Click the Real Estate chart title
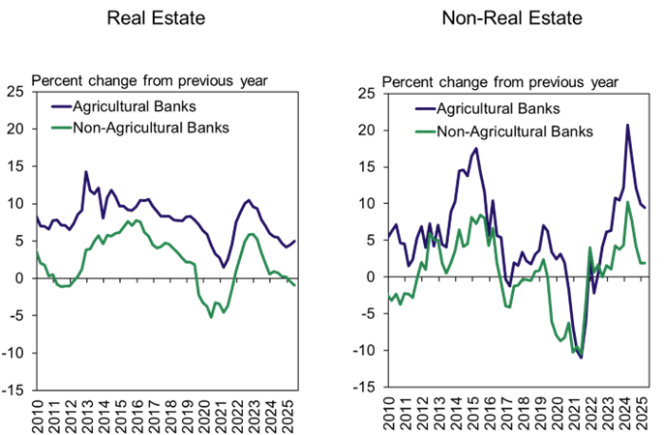[x=163, y=18]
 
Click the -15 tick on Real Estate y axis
[x=16, y=390]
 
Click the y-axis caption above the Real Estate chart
[x=151, y=79]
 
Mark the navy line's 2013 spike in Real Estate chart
[x=86, y=172]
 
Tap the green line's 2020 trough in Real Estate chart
[x=212, y=316]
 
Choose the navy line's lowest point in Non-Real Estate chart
[x=581, y=358]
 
